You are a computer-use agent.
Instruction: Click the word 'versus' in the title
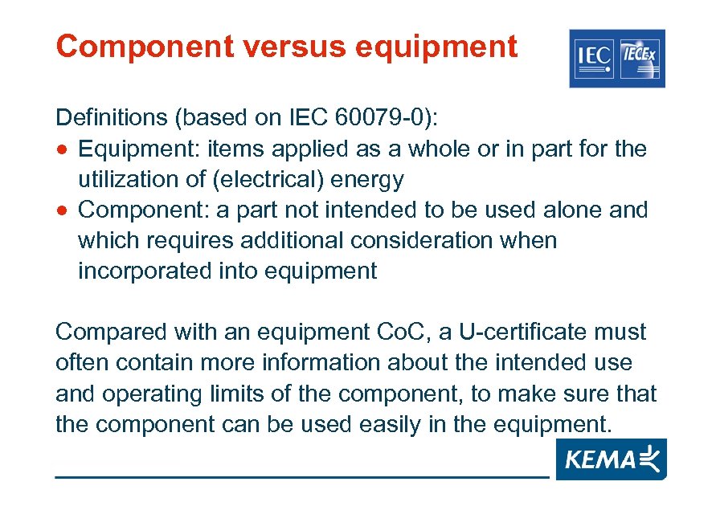point(280,47)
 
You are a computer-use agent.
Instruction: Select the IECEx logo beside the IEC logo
point(640,57)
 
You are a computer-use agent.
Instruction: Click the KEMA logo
point(610,460)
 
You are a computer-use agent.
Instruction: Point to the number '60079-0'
point(375,119)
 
